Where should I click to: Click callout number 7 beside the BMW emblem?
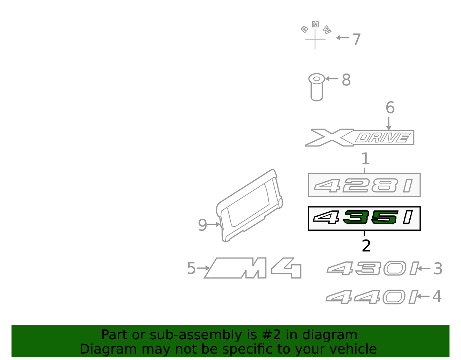[357, 40]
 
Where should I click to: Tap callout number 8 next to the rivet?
[346, 80]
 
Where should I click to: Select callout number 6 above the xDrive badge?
[390, 108]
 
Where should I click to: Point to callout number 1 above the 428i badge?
[366, 159]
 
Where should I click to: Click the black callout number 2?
[366, 246]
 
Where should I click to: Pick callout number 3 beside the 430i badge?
[438, 269]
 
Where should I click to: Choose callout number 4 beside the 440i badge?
[437, 296]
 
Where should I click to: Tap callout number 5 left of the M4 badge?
[191, 268]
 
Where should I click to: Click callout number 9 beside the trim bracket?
[202, 225]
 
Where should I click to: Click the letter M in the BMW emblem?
[315, 25]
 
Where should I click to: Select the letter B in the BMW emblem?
[304, 29]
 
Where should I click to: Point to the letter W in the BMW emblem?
[327, 30]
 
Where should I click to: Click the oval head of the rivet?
[316, 79]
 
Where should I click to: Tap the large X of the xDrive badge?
[330, 138]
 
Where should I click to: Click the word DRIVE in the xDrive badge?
[382, 138]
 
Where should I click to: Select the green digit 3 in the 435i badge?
[355, 217]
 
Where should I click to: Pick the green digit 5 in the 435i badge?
[384, 217]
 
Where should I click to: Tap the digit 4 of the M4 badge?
[286, 268]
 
